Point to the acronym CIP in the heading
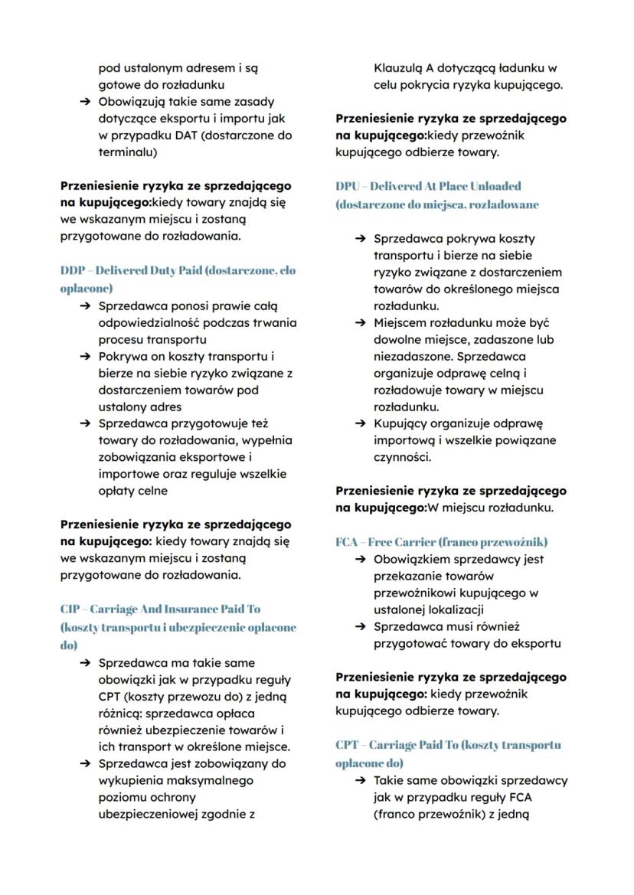(71, 609)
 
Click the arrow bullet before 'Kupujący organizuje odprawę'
(361, 424)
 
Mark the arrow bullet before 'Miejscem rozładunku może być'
(361, 323)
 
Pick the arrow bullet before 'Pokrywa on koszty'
(85, 356)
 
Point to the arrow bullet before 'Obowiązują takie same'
(85, 102)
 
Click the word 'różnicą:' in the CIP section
(122, 714)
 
